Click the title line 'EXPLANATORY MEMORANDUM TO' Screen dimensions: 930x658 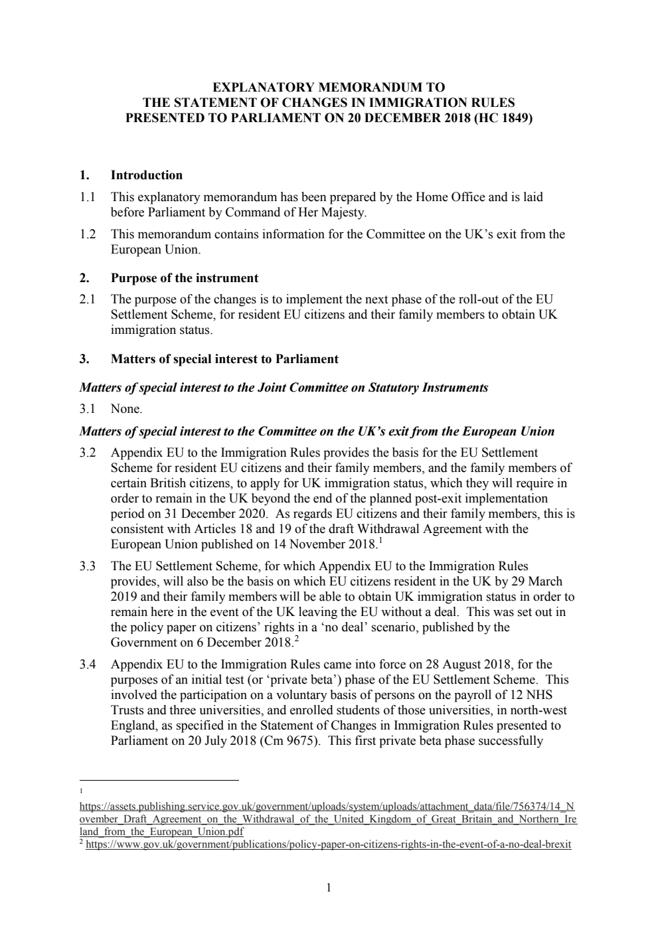pos(329,88)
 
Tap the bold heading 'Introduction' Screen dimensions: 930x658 pos(146,175)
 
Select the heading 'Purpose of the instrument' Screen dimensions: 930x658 pos(184,277)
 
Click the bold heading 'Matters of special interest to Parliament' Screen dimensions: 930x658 pos(224,359)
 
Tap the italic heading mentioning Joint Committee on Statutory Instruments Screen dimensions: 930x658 pos(284,388)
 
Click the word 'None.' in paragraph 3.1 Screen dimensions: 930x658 pos(126,409)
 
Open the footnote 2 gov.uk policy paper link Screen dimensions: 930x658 pos(329,845)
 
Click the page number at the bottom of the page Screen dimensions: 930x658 pos(329,888)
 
